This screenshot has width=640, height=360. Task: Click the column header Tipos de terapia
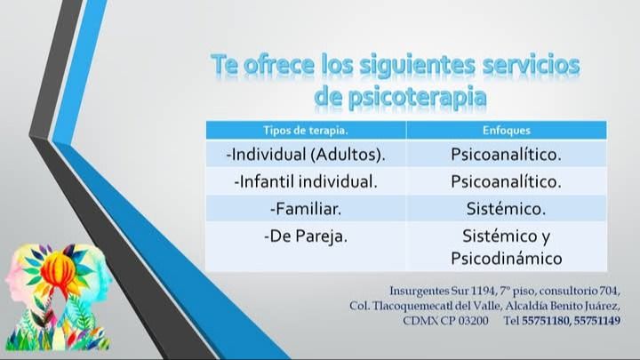coord(306,130)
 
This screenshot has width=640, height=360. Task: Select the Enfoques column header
coord(506,130)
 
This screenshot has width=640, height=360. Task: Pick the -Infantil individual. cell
coord(306,181)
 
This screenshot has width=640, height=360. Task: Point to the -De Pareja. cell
coord(306,237)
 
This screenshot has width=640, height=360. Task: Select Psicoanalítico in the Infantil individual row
coord(506,181)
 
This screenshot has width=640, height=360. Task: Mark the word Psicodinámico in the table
coord(506,259)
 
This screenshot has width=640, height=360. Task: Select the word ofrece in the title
coord(287,65)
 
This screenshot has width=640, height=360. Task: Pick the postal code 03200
coord(471,320)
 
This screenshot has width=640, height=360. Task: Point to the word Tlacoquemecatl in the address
coord(409,306)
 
